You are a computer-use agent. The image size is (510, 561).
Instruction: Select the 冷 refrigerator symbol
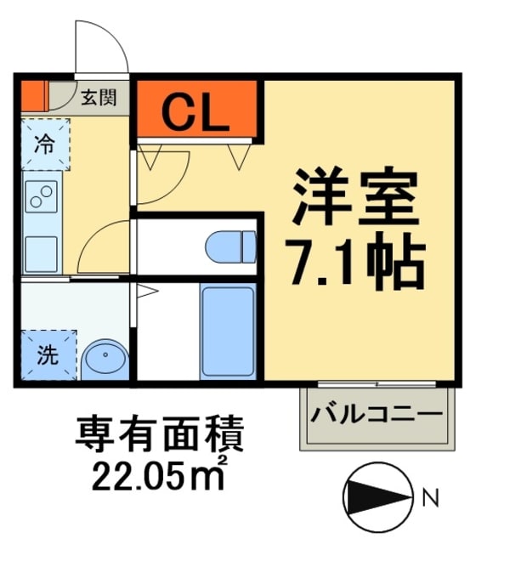(x=43, y=142)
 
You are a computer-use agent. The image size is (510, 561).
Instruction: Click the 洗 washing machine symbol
(x=48, y=356)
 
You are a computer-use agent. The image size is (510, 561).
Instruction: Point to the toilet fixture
(x=230, y=246)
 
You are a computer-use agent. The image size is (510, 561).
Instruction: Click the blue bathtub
(x=228, y=332)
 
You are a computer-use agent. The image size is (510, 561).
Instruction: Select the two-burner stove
(x=41, y=196)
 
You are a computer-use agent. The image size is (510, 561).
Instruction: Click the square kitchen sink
(x=40, y=252)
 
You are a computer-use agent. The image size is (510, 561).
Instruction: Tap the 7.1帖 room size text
(x=357, y=264)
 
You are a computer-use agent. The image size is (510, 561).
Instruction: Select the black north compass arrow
(x=373, y=498)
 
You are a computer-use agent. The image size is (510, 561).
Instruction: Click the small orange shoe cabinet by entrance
(x=32, y=94)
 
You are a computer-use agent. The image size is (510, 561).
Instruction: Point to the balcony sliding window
(x=377, y=383)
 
